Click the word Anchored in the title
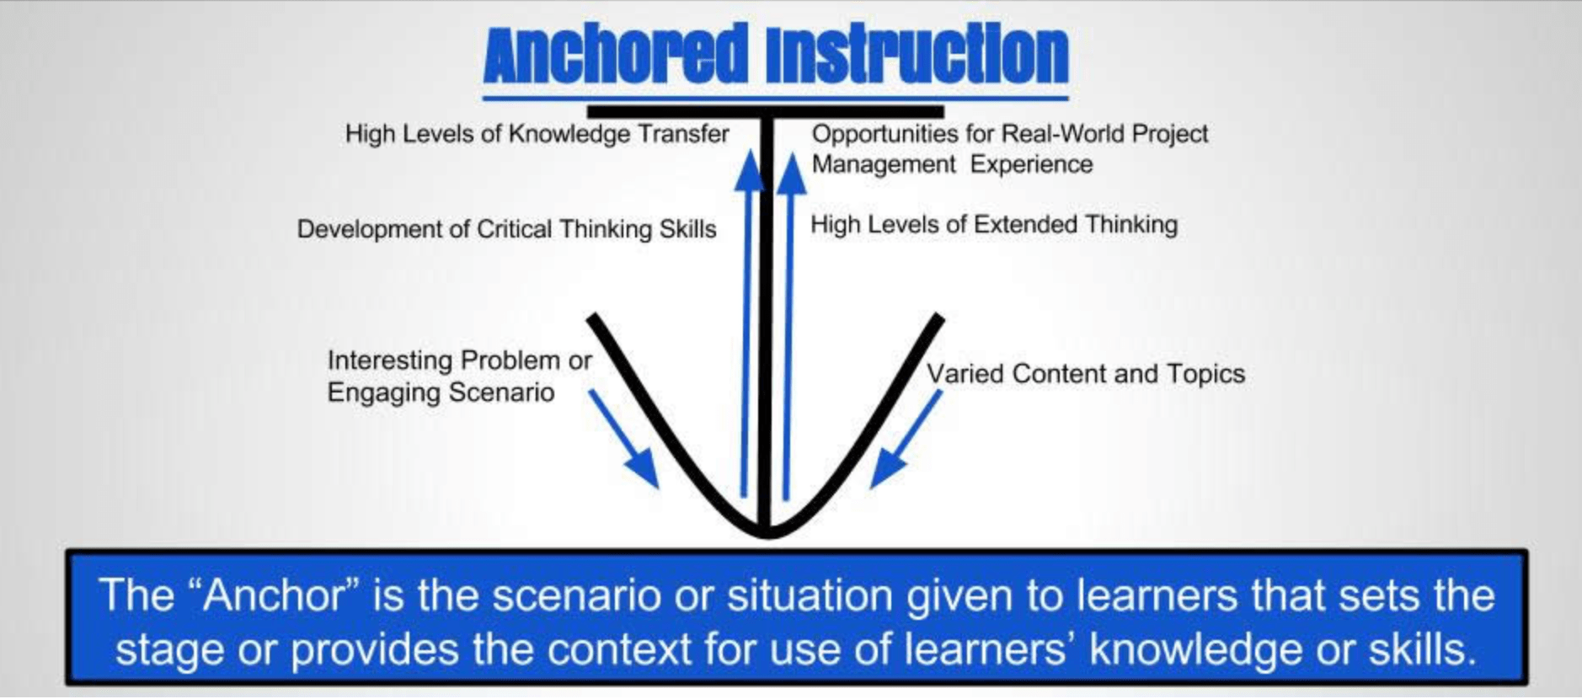pyautogui.click(x=615, y=56)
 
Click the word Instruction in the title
pyautogui.click(x=917, y=56)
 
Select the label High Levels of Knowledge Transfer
pyautogui.click(x=537, y=134)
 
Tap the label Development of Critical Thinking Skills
pyautogui.click(x=506, y=229)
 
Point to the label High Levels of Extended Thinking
pyautogui.click(x=994, y=225)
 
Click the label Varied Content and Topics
pyautogui.click(x=1086, y=373)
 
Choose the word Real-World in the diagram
pyautogui.click(x=1061, y=134)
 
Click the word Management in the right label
pyautogui.click(x=884, y=164)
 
